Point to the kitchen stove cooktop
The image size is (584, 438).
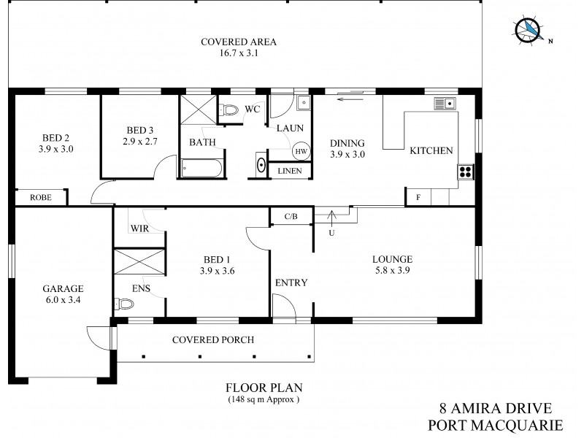click(x=466, y=172)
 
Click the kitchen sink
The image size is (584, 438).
click(x=445, y=103)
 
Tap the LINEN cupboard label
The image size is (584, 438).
click(x=291, y=171)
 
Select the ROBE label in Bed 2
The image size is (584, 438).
click(x=40, y=197)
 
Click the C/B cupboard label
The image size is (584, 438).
click(x=291, y=216)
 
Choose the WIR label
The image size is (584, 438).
click(x=140, y=228)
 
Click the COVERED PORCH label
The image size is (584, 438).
click(x=212, y=339)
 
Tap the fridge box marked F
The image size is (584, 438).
click(x=418, y=197)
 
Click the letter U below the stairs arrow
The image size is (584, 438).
click(x=332, y=233)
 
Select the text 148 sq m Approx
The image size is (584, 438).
click(x=263, y=400)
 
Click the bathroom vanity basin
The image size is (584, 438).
click(x=261, y=164)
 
